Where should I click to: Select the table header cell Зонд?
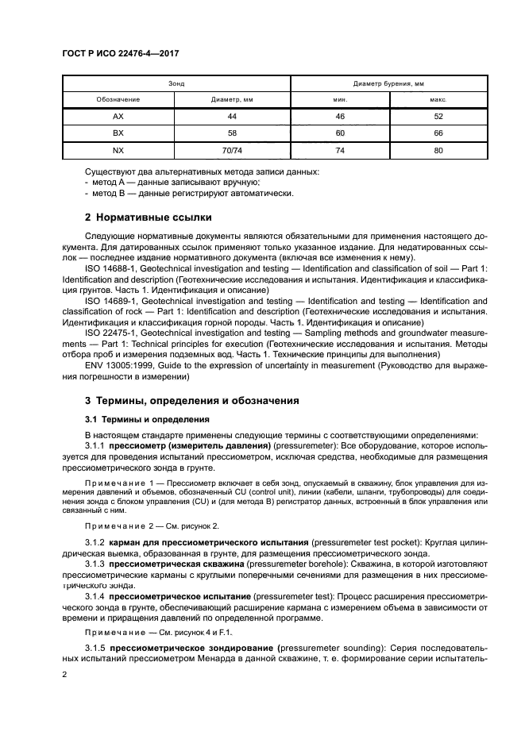[x=176, y=83]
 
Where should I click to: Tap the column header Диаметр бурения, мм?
[x=388, y=83]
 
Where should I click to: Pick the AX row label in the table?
[x=118, y=117]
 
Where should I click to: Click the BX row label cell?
[x=118, y=133]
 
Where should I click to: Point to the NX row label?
[x=118, y=149]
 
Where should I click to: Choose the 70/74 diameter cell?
[x=232, y=149]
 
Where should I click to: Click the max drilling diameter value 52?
[x=438, y=117]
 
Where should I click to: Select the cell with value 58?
[x=232, y=133]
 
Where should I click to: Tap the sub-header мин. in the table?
[x=340, y=100]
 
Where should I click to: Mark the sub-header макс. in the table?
[x=438, y=100]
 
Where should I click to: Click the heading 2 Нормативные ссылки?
[x=149, y=217]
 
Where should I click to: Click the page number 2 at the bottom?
[x=66, y=674]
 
